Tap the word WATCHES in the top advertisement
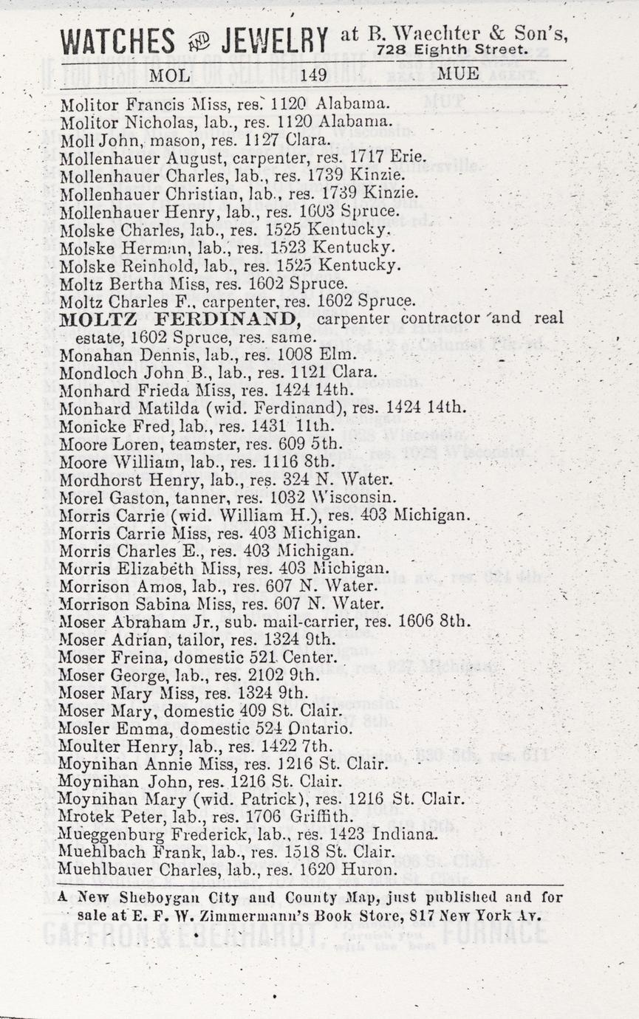[118, 41]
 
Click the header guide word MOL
[169, 74]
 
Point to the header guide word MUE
[458, 74]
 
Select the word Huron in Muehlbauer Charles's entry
[375, 871]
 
